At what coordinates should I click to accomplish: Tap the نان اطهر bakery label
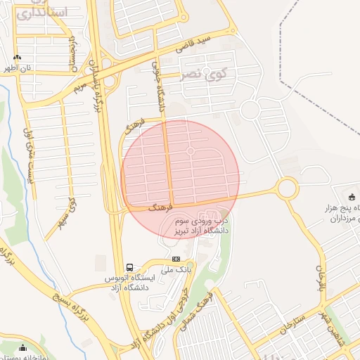(15, 68)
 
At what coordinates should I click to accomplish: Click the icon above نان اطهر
(17, 58)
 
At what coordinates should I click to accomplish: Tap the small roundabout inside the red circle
(191, 151)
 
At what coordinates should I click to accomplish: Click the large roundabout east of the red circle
(287, 188)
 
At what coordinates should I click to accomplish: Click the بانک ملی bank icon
(176, 259)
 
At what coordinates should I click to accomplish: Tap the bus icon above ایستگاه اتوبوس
(129, 267)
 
